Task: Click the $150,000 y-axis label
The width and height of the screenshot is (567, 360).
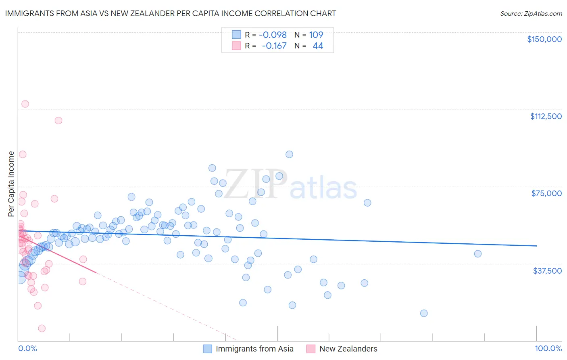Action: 544,39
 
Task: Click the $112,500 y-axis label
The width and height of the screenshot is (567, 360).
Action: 546,116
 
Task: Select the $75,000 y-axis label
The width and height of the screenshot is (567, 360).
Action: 546,193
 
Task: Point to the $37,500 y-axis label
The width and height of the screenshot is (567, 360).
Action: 547,271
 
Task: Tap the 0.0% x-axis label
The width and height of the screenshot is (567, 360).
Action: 27,348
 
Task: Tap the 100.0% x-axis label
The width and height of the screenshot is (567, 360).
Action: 548,348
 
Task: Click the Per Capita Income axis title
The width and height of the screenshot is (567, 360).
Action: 11,184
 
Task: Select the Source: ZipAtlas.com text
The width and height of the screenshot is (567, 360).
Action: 531,13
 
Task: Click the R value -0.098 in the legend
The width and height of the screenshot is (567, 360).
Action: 273,35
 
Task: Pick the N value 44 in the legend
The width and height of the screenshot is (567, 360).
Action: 318,46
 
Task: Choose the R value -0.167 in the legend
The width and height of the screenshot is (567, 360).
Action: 274,46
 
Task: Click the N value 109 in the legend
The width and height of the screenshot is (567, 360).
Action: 316,35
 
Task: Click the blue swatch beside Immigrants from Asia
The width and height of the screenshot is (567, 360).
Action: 207,349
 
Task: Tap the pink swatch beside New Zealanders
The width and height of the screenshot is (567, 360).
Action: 311,349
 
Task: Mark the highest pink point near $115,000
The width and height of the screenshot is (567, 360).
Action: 25,104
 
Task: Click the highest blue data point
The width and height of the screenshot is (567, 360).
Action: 289,154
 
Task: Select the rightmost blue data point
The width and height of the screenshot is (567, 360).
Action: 478,254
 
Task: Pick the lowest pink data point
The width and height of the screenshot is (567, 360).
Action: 42,329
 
